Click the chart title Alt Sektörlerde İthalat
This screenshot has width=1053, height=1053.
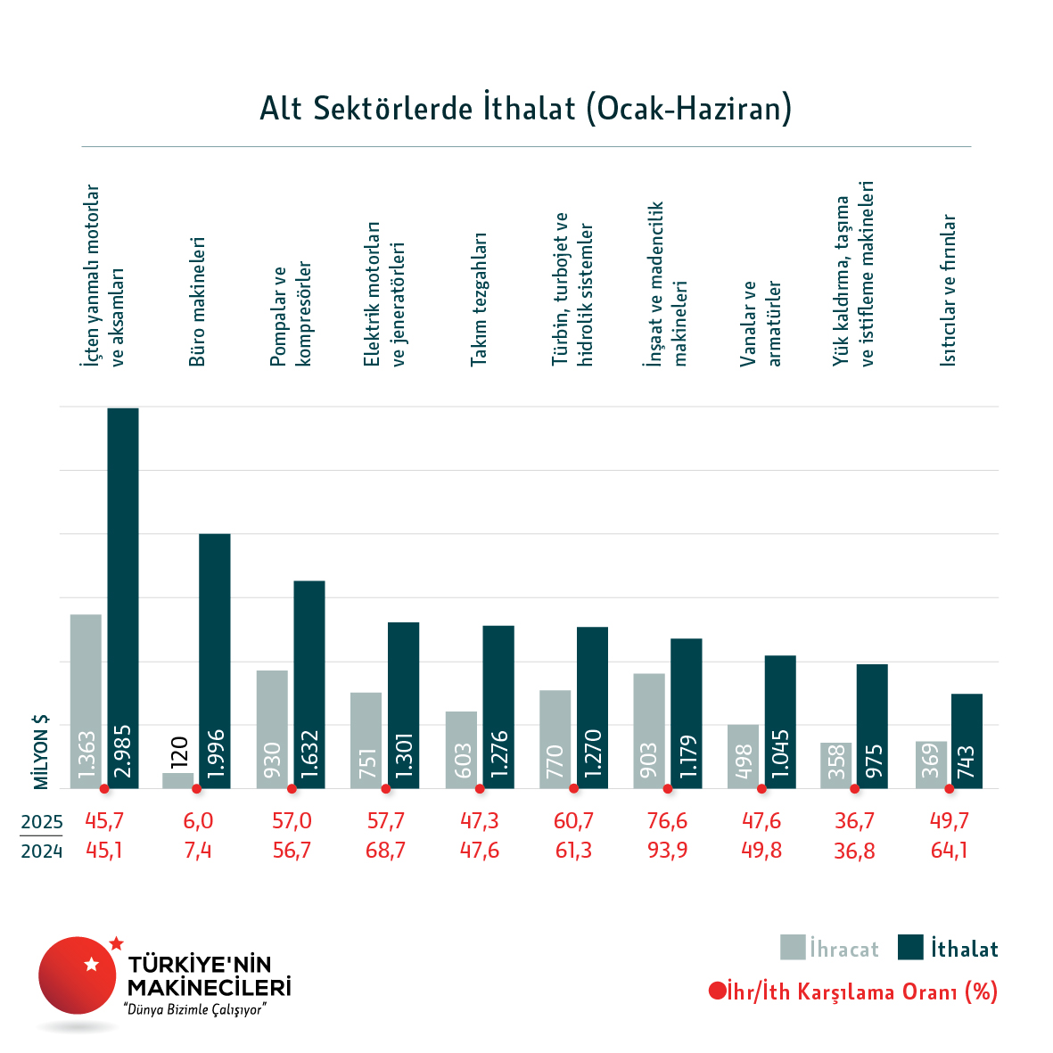click(525, 109)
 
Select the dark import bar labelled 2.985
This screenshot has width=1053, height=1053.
click(123, 597)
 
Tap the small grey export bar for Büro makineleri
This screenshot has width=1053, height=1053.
click(177, 780)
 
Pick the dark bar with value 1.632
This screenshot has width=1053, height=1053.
click(309, 684)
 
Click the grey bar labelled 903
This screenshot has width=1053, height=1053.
click(649, 730)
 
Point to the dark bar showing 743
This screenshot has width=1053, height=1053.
click(967, 740)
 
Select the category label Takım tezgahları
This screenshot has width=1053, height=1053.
click(479, 300)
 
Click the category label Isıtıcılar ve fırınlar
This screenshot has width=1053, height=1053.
click(948, 291)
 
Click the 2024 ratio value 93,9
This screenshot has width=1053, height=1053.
click(668, 851)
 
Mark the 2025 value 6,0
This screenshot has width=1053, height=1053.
click(198, 821)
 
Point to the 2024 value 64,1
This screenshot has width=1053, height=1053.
click(949, 851)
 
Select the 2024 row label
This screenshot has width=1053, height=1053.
click(42, 851)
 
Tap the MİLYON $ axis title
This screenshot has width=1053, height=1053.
click(41, 752)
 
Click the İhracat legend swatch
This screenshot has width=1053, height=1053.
click(793, 947)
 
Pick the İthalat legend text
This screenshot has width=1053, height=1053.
click(965, 949)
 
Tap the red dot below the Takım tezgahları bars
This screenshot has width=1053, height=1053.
click(480, 789)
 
